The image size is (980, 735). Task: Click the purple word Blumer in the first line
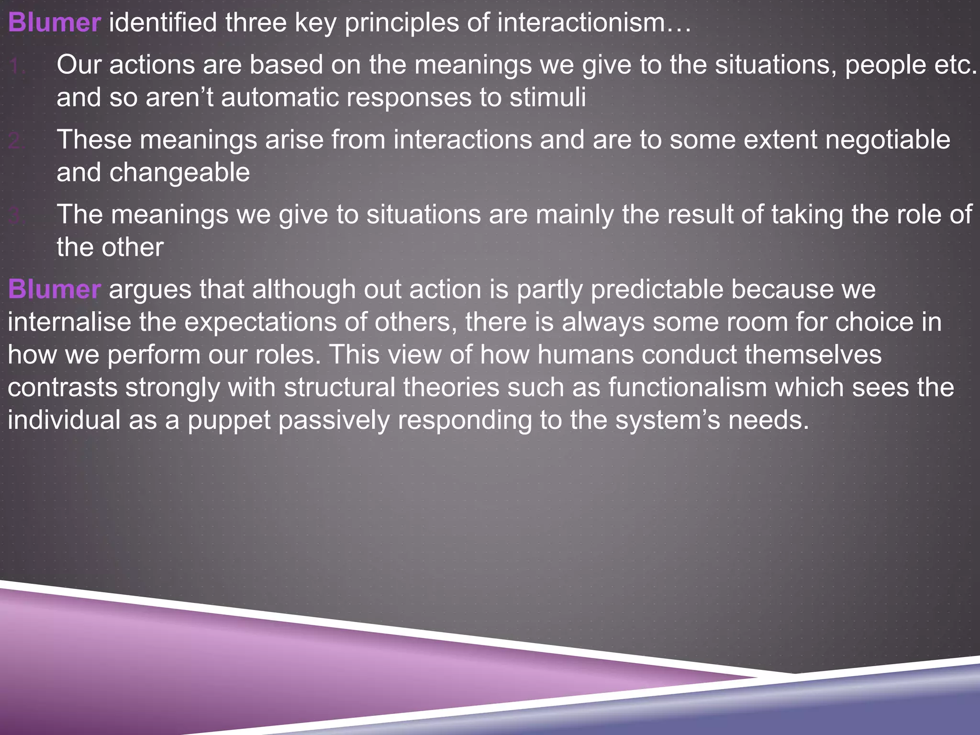(54, 22)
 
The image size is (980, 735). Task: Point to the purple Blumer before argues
(54, 290)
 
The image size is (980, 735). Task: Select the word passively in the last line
(334, 420)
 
